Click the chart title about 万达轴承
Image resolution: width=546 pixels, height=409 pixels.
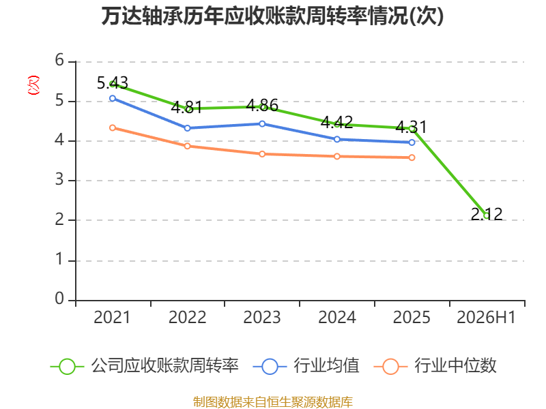[x=272, y=16]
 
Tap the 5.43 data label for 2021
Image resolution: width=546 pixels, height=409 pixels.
[x=113, y=82]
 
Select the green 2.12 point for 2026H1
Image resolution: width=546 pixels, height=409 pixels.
[x=487, y=215]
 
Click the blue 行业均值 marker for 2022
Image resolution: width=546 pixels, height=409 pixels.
[x=187, y=128]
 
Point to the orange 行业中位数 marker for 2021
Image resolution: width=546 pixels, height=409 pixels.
[x=113, y=128]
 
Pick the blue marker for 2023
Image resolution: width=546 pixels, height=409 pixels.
[x=262, y=124]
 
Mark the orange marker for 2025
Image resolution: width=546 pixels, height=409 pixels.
[x=412, y=157]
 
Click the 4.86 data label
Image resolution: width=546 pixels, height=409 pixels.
[x=262, y=106]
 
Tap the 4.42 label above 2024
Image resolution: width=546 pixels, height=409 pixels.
[x=336, y=122]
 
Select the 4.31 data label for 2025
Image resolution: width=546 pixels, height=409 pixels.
[x=412, y=127]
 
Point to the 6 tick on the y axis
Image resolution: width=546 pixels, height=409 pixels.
[x=59, y=60]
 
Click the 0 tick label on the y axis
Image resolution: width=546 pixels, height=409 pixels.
[x=59, y=299]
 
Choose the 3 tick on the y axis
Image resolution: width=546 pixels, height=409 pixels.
[x=59, y=180]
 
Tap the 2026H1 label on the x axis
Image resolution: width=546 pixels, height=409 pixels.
[x=486, y=318]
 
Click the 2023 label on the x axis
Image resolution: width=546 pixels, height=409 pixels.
[x=262, y=318]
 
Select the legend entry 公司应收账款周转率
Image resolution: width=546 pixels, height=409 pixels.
[x=145, y=366]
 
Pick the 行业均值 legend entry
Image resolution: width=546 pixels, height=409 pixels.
[x=306, y=366]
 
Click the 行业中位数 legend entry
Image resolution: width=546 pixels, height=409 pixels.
[x=435, y=366]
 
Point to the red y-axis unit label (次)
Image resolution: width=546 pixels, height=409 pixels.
[x=33, y=85]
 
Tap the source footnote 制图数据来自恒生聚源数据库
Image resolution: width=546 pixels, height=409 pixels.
[x=273, y=402]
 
